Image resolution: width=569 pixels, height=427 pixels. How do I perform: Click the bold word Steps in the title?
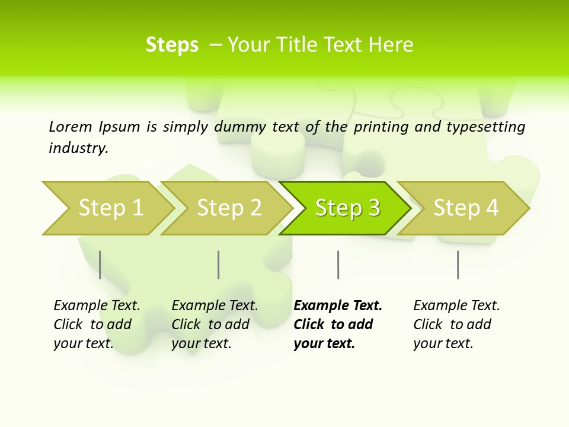(x=172, y=45)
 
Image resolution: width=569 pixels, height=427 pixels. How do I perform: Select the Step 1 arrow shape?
(x=107, y=208)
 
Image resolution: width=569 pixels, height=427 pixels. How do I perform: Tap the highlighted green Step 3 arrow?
(x=347, y=208)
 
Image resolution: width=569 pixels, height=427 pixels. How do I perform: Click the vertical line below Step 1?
(x=100, y=265)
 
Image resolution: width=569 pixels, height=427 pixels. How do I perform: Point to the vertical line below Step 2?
(x=219, y=265)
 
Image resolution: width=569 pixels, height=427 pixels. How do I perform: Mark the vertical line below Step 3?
(x=338, y=265)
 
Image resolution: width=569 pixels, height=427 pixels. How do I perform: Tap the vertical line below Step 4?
(x=458, y=265)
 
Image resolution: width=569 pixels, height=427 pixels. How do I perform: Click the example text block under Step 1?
(x=97, y=324)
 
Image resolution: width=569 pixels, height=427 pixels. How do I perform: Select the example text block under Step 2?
(x=215, y=324)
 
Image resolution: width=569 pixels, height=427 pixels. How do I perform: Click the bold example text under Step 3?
(x=338, y=324)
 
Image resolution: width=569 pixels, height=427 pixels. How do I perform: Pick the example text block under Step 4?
(x=456, y=324)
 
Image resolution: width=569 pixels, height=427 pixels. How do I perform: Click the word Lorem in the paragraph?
(x=71, y=126)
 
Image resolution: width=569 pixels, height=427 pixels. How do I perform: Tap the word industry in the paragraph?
(x=78, y=148)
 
